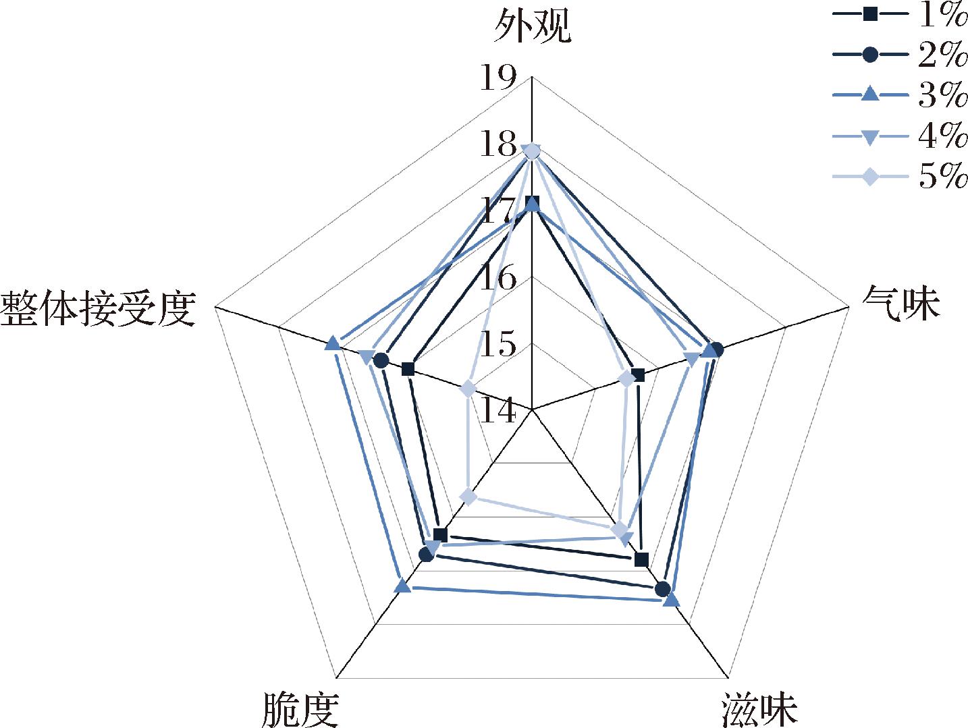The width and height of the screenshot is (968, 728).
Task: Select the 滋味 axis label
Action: pos(759,709)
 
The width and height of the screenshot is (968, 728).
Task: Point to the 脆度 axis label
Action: pos(300,709)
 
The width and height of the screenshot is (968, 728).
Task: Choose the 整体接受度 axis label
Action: pos(99,310)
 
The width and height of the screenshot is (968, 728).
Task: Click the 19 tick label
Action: pos(498,78)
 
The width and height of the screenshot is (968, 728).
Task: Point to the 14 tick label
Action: pos(498,411)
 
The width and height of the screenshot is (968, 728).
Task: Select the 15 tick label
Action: pos(498,345)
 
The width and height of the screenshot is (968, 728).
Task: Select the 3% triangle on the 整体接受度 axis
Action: pos(332,344)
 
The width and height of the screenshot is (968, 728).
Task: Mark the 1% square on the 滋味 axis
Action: pos(642,559)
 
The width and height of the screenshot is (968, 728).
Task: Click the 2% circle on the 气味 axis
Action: pos(716,349)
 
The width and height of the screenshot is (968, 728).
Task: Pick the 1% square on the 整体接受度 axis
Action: pos(408,368)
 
